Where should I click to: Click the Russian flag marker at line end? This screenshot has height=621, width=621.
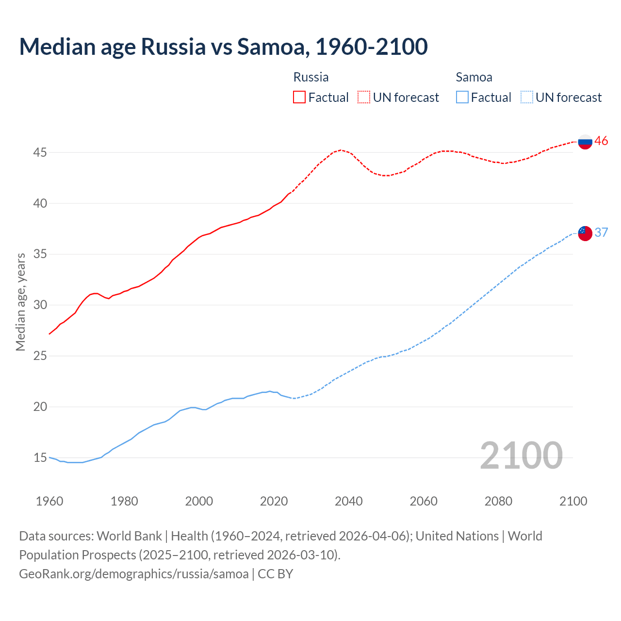(x=585, y=142)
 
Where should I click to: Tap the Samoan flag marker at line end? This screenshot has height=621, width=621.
(x=585, y=233)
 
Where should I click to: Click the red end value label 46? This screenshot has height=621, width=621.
(x=601, y=141)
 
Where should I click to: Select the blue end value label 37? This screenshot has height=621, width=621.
(x=601, y=232)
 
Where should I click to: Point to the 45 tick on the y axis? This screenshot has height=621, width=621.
(x=40, y=152)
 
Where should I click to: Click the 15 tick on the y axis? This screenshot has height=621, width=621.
(x=40, y=458)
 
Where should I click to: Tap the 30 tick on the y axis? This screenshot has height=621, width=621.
(x=40, y=305)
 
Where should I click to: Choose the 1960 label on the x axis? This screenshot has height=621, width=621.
(x=49, y=501)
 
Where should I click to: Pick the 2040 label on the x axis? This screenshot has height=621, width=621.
(x=348, y=501)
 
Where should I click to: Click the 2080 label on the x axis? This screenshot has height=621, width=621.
(x=498, y=501)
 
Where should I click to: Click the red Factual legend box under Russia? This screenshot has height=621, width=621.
(x=299, y=97)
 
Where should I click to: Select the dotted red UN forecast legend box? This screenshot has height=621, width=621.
(x=364, y=97)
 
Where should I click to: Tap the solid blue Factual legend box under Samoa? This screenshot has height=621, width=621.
(x=462, y=97)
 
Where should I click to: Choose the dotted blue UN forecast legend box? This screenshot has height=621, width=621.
(x=526, y=97)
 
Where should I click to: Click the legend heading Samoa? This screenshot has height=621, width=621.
(x=474, y=77)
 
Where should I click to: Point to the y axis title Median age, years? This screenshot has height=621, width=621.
(x=20, y=302)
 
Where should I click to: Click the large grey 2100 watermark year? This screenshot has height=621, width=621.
(x=521, y=456)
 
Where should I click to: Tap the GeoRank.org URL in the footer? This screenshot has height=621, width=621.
(x=133, y=573)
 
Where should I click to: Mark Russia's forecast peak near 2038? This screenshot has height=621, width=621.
(x=341, y=150)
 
